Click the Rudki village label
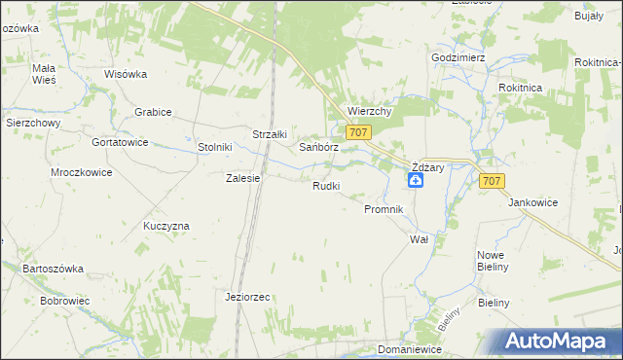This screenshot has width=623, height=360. (x=326, y=186)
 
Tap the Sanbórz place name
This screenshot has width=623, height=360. (x=318, y=147)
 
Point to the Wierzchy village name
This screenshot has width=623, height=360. (x=369, y=112)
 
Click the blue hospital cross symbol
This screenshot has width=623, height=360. (x=416, y=181)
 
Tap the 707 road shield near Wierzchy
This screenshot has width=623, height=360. (x=356, y=130)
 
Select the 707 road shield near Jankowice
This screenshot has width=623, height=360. (x=493, y=181)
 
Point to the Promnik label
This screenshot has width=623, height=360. (x=384, y=209)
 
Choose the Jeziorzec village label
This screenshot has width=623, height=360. (x=246, y=297)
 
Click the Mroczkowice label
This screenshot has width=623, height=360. (x=82, y=172)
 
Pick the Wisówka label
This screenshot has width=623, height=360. (x=125, y=74)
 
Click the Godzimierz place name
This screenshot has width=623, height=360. (x=458, y=57)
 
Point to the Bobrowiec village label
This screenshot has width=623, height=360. (x=65, y=301)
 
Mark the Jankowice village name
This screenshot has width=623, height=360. (x=532, y=203)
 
